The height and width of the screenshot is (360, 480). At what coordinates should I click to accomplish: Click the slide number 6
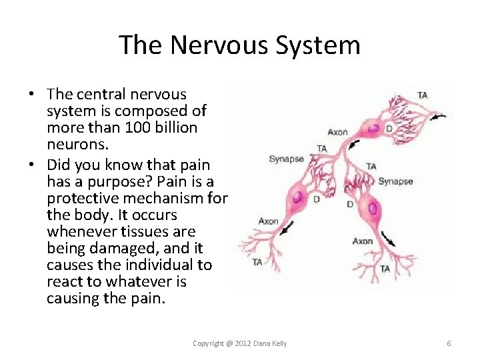pyautogui.click(x=449, y=343)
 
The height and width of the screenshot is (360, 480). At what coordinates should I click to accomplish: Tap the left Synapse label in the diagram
pyautogui.click(x=286, y=159)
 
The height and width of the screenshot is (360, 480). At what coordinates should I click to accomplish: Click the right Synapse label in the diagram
pyautogui.click(x=395, y=181)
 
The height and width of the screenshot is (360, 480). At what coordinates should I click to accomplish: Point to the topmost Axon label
pyautogui.click(x=337, y=132)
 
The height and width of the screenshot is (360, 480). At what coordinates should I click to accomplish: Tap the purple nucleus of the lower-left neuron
pyautogui.click(x=297, y=197)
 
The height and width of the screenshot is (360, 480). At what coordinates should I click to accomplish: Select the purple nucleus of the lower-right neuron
pyautogui.click(x=372, y=209)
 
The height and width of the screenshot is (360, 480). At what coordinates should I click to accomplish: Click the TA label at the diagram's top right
pyautogui.click(x=423, y=95)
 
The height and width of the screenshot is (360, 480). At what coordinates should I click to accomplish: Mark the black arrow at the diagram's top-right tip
pyautogui.click(x=437, y=118)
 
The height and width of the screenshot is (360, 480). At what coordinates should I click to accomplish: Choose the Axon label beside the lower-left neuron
pyautogui.click(x=268, y=221)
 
